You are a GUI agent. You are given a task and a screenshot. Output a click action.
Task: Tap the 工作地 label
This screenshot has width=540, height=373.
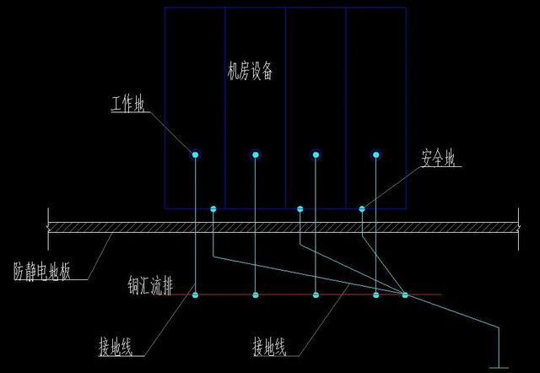[x=128, y=105]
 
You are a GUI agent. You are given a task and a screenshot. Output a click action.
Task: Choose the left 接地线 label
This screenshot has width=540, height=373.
[x=121, y=346]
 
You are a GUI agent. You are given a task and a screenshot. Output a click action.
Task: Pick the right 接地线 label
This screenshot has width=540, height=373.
[x=276, y=346]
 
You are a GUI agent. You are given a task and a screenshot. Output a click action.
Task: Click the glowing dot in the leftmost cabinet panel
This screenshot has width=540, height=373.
[x=195, y=154]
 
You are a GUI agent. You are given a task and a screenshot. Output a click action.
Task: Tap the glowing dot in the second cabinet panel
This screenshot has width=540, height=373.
[x=256, y=154]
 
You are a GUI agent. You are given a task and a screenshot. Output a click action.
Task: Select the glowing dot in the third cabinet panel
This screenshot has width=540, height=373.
[x=316, y=154]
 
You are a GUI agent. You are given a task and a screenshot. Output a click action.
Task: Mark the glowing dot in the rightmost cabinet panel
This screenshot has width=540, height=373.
[x=376, y=154]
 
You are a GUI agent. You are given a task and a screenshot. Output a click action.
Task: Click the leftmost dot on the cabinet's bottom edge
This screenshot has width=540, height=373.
[x=213, y=208]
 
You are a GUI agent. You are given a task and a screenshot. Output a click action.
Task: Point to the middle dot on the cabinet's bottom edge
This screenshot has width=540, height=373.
[x=300, y=208]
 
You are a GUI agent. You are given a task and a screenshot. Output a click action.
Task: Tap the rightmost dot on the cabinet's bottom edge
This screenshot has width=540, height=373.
[x=361, y=208]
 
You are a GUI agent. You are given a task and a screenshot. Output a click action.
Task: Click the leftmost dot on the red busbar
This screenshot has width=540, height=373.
[x=195, y=295]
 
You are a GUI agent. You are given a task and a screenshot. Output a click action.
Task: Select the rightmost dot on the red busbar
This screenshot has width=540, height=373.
[x=405, y=295]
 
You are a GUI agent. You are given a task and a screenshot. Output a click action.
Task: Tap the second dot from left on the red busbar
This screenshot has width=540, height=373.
[x=256, y=295]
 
